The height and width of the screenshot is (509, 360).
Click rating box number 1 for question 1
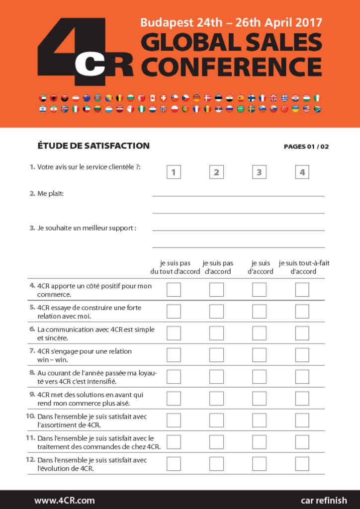tap(174, 172)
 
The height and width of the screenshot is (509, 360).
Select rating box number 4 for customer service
tap(302, 172)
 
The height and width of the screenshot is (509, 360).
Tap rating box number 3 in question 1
tap(259, 172)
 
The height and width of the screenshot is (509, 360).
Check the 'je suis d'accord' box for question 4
tap(259, 290)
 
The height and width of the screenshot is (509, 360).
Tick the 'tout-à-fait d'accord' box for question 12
tap(302, 464)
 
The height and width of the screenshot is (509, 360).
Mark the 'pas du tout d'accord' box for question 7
tap(174, 355)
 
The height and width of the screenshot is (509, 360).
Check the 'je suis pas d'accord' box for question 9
tap(216, 399)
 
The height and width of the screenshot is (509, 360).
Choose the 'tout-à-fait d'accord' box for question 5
tap(302, 312)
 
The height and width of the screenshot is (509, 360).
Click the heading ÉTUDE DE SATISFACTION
tap(93, 146)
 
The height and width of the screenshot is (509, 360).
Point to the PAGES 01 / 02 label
tap(306, 147)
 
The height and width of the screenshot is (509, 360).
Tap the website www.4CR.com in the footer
tap(65, 500)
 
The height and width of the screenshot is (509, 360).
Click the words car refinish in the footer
tap(324, 500)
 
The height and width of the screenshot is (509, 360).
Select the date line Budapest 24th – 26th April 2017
tap(231, 22)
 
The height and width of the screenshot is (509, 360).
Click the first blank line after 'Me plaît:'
tap(238, 196)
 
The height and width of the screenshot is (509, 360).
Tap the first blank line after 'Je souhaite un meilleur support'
tap(238, 230)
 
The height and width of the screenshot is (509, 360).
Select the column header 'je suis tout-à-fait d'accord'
tap(304, 267)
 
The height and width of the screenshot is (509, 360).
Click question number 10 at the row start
tap(30, 416)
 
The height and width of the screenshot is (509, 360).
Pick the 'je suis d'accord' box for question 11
tap(259, 442)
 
